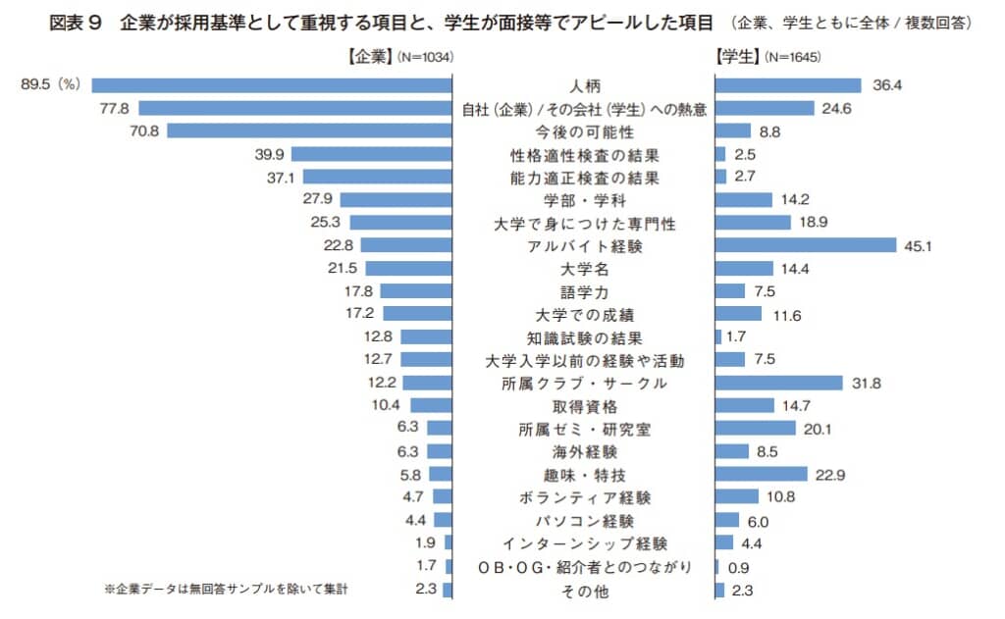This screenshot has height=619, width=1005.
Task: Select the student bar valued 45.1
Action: pos(806,245)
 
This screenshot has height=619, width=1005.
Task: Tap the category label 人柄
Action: pos(584,86)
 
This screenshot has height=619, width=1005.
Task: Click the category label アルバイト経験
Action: pos(584,245)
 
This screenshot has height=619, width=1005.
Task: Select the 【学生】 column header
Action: pos(740,58)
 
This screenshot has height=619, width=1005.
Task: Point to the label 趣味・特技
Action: pos(584,475)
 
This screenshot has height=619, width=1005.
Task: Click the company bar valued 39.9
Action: pos(372,154)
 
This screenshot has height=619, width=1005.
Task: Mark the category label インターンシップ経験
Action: pos(584,543)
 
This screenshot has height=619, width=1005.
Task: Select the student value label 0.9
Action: pos(737,566)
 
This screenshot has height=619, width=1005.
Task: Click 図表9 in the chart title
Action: pos(77,24)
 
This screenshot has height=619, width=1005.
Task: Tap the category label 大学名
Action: pos(584,268)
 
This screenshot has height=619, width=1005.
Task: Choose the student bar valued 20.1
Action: pos(756,429)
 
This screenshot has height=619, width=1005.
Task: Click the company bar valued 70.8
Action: pos(310,131)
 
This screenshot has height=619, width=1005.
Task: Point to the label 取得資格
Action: pos(584,406)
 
